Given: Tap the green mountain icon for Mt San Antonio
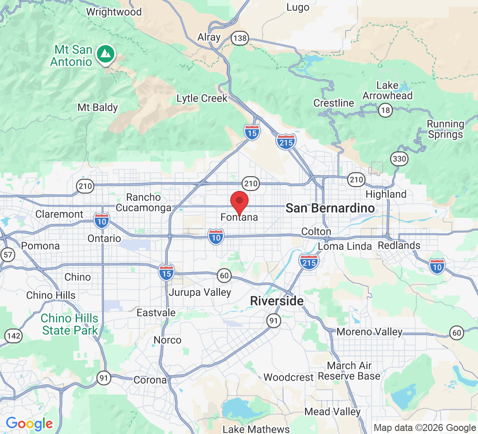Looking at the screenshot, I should click(104, 53).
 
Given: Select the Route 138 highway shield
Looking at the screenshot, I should click(239, 39).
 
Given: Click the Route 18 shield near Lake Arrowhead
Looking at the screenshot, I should click(385, 110).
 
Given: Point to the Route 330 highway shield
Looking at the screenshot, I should click(398, 159).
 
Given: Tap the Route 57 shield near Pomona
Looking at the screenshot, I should click(7, 255).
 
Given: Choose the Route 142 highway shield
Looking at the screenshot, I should click(13, 335).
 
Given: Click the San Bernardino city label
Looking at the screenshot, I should click(330, 208).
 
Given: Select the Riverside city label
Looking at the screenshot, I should click(277, 301).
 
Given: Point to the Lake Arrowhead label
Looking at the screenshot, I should click(388, 90).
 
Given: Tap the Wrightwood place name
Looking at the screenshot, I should click(114, 12).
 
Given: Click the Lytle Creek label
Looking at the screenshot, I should click(202, 99).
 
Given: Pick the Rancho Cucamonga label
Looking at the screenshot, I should click(143, 203).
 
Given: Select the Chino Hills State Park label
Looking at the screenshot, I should click(70, 324).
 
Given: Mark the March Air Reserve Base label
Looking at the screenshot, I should click(349, 371).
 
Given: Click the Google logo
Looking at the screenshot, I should click(29, 424).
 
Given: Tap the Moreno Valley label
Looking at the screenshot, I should click(369, 332).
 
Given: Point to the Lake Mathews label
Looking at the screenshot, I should click(256, 429).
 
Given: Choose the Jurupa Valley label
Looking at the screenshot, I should click(200, 293).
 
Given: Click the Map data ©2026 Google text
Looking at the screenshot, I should click(425, 428).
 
